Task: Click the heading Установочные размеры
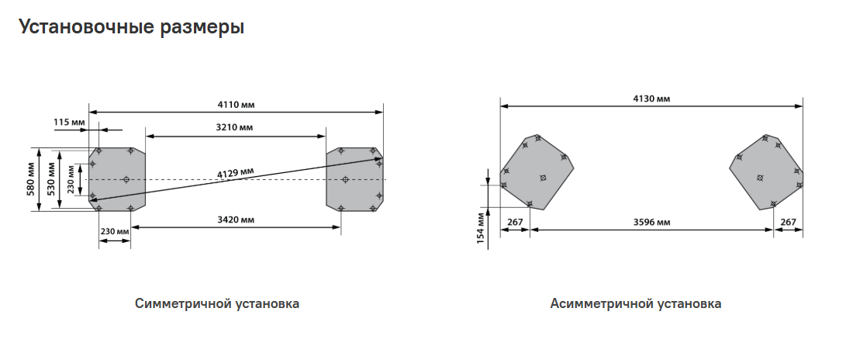pos(131,26)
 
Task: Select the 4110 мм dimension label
pos(236,105)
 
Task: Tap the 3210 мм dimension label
pos(234,128)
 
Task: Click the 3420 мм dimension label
pos(236,220)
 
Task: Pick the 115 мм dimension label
pos(69,123)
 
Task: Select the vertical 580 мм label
pos(31,179)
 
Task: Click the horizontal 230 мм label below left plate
pos(115,231)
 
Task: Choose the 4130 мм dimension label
pos(651,99)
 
